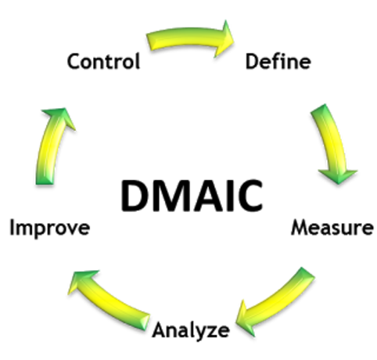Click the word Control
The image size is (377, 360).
[x=103, y=61]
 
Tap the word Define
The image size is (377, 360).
[x=278, y=61]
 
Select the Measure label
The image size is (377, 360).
[x=332, y=228]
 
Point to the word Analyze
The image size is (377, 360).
[x=191, y=331]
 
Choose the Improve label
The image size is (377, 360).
[x=50, y=229]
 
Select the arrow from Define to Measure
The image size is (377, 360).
[x=333, y=143]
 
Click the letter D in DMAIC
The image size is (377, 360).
[x=135, y=196]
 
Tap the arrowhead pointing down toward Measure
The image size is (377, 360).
[x=338, y=176]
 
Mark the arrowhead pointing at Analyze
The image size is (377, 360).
[x=245, y=319]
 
